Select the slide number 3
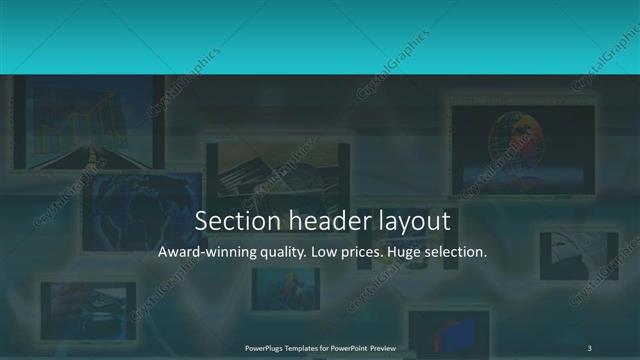coord(590,347)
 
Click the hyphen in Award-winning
coord(200,254)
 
